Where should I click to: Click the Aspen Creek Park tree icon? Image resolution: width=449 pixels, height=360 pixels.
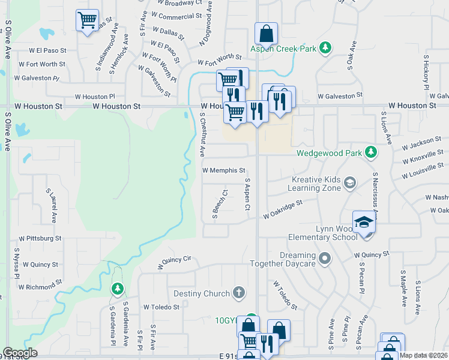[x=325, y=47]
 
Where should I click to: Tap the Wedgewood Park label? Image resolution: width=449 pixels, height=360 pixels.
[x=329, y=153]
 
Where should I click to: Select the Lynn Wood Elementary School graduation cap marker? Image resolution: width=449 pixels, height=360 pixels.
[x=363, y=223]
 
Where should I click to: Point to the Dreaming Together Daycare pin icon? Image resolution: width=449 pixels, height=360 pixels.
[x=325, y=259]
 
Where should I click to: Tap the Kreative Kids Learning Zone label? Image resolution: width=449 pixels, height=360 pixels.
[x=316, y=184]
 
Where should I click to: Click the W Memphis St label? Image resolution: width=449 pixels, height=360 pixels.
[x=224, y=170]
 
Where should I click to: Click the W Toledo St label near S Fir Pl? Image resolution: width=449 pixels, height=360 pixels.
[x=161, y=307]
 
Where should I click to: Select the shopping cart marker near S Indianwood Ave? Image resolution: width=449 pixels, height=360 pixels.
[x=87, y=20]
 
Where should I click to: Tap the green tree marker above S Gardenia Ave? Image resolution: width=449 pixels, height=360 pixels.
[x=117, y=289]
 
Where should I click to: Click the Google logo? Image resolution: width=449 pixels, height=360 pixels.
[x=20, y=352]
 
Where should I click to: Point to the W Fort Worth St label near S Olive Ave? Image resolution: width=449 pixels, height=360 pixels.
[x=42, y=64]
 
